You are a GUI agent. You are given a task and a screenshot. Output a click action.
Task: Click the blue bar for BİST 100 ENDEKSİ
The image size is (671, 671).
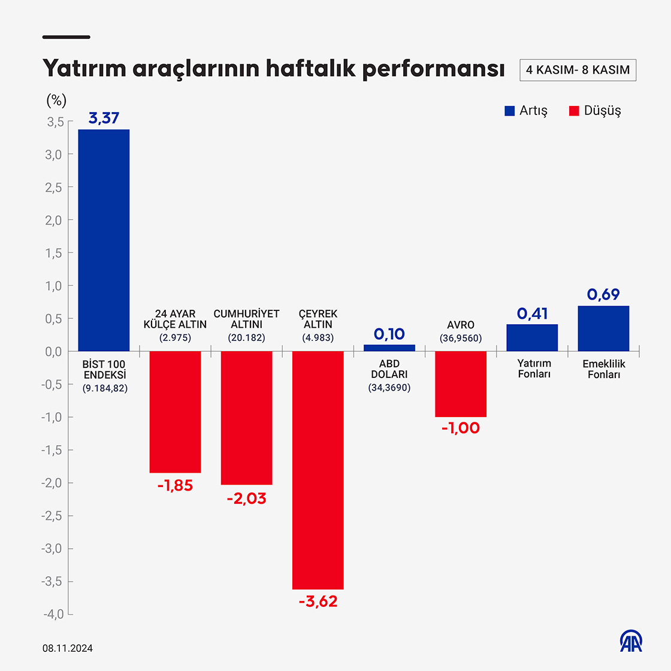tap(104, 240)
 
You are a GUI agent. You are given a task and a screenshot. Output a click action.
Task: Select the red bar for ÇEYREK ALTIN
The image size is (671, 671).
tap(318, 470)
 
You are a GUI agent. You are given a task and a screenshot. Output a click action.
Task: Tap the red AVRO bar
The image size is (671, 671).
tap(460, 383)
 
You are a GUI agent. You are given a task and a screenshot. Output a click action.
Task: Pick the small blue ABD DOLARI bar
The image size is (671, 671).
tap(389, 348)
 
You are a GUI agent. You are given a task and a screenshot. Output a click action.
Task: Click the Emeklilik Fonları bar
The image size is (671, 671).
tap(603, 328)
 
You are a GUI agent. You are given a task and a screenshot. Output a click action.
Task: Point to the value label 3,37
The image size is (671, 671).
tap(104, 118)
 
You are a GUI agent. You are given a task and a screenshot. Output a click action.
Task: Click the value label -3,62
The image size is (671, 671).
tap(318, 602)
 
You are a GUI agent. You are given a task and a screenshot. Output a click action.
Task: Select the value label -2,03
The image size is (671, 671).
tap(246, 498)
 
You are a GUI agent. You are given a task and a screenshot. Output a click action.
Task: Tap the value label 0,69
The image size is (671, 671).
tap(603, 294)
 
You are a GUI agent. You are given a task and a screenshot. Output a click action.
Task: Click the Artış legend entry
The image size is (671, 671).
tap(526, 111)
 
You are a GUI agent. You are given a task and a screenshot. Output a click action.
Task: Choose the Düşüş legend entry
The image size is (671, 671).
tap(595, 111)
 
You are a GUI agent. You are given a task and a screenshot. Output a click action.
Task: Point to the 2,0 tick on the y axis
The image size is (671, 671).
tap(55, 220)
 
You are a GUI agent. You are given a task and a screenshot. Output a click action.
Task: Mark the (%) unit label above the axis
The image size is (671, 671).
tap(56, 100)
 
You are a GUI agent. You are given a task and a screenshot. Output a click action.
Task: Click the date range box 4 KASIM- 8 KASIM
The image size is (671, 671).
tap(578, 69)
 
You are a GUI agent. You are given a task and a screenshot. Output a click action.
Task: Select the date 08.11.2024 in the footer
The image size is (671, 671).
tap(68, 648)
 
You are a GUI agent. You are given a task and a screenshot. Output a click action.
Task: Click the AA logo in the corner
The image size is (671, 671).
tap(631, 642)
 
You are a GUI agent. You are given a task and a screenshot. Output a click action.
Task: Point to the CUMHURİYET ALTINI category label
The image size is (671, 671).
tap(246, 319)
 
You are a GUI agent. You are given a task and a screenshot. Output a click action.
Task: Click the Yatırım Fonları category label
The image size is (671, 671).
tap(534, 368)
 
